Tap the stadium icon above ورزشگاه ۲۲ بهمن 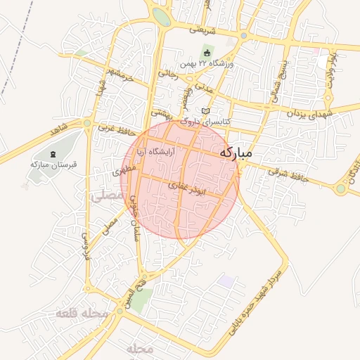click(x=207, y=53)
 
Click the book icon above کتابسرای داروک click(x=205, y=111)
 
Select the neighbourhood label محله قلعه click(x=86, y=313)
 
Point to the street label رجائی click(x=169, y=72)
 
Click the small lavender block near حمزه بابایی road click(x=226, y=281)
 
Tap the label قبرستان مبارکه click(x=53, y=164)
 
